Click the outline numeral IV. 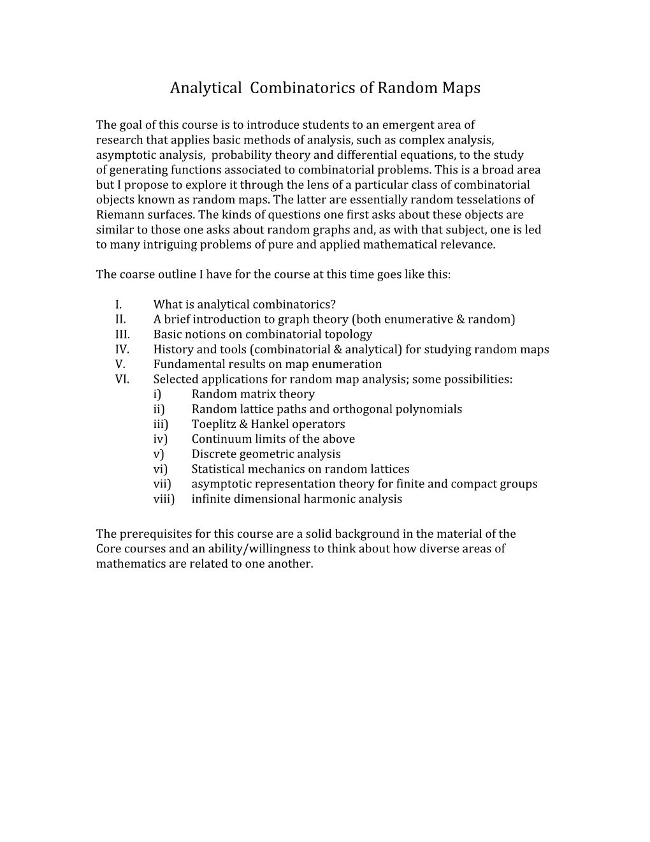click(x=122, y=350)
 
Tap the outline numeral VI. click(x=122, y=380)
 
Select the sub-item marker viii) click(x=164, y=499)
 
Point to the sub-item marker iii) click(x=161, y=424)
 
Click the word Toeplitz click(x=214, y=424)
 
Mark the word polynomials click(x=429, y=410)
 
